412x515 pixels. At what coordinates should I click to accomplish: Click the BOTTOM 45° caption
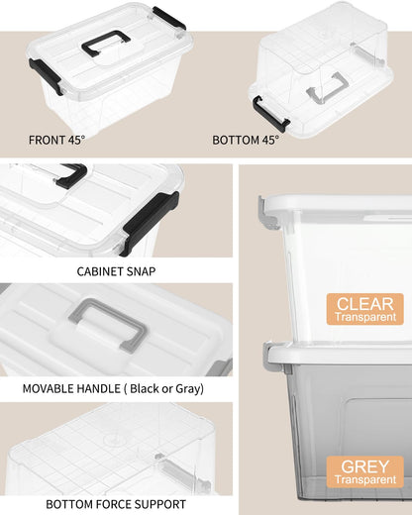[246, 140]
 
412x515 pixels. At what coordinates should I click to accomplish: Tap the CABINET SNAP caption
[116, 270]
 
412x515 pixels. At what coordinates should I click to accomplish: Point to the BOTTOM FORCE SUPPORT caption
[116, 503]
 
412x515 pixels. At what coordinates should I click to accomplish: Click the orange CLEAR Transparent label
[365, 309]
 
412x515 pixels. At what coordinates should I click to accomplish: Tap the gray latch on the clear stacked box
[263, 208]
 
